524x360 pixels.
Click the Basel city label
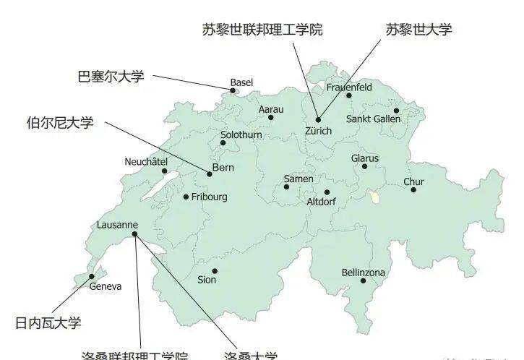coord(241,83)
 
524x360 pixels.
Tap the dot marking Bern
coord(210,173)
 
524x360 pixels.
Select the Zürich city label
coord(318,131)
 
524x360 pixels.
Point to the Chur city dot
coord(413,189)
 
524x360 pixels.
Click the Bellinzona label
coord(364,273)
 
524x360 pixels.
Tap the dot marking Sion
coord(215,271)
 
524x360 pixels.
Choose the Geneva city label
coord(106,286)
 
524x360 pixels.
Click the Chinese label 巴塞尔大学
coord(111,76)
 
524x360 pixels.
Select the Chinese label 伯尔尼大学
coord(60,123)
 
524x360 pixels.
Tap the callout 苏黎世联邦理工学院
coord(262,30)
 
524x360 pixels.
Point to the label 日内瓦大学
coord(48,322)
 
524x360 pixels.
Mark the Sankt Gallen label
coord(373,119)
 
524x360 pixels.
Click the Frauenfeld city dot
coord(349,95)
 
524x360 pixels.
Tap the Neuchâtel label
coord(146,161)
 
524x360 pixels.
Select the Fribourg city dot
coord(186,197)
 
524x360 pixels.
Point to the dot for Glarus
coord(364,166)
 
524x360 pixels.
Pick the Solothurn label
coord(241,134)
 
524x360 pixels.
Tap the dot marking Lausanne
coord(135,233)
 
